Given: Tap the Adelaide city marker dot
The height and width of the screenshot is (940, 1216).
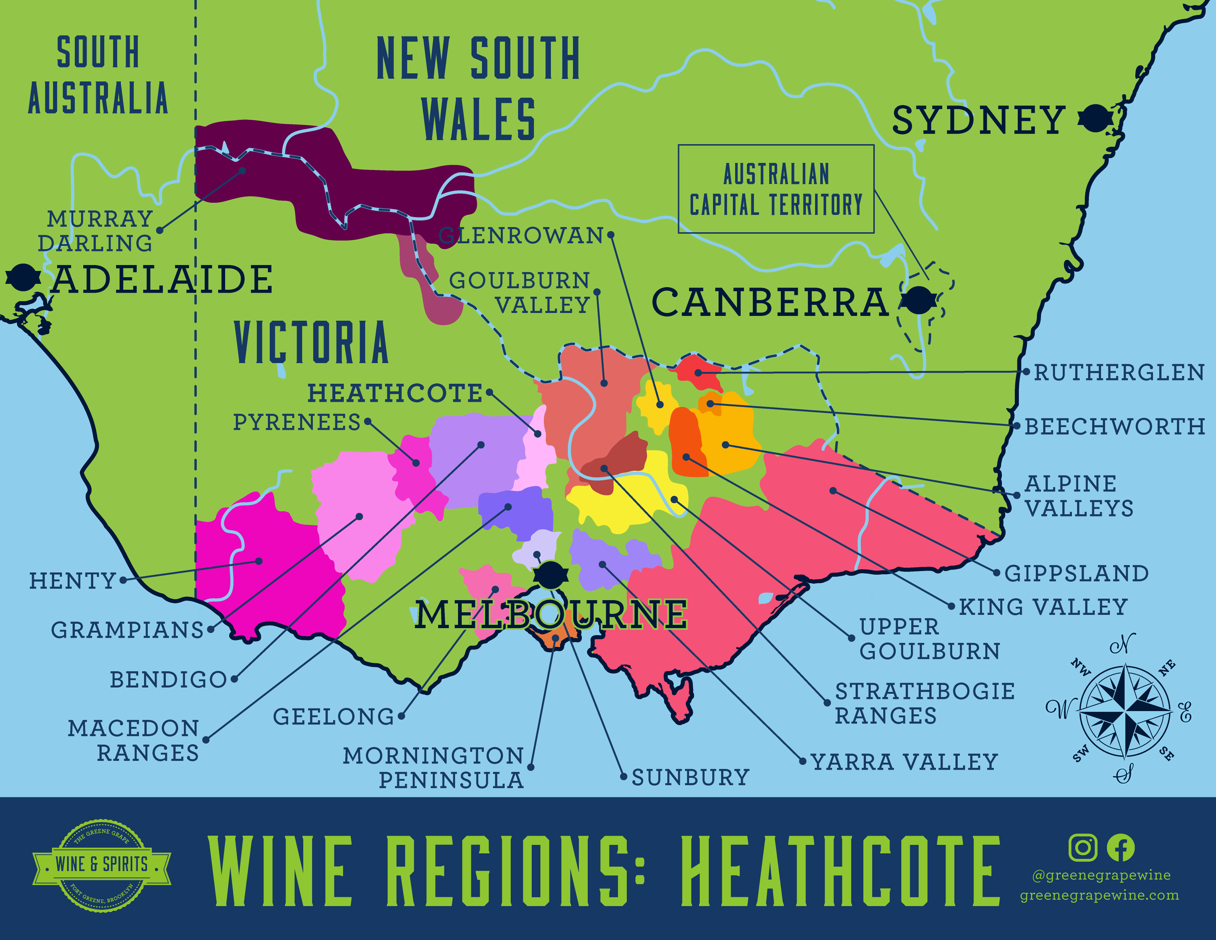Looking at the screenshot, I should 23,277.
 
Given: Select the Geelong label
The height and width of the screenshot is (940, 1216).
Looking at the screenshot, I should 333,717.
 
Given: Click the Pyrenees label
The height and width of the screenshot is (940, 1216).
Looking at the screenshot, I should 297,422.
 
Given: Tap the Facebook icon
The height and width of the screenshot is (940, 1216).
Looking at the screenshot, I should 1120,847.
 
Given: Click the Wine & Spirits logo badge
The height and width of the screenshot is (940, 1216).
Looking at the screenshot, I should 102,865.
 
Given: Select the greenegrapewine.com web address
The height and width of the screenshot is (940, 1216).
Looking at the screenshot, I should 1099,895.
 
